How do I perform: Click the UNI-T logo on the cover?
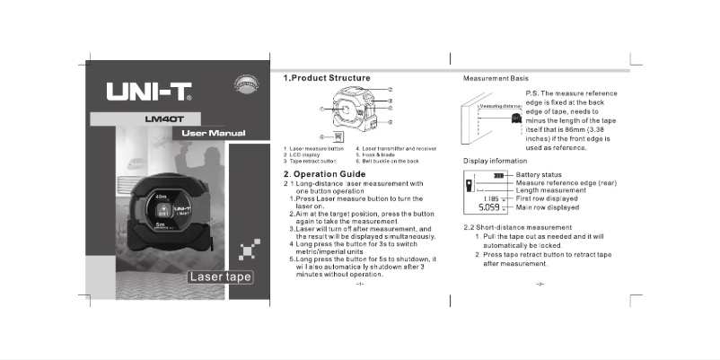(x=149, y=92)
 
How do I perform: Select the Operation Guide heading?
(x=324, y=173)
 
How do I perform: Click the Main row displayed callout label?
(x=548, y=206)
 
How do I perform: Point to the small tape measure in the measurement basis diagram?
(x=516, y=118)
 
